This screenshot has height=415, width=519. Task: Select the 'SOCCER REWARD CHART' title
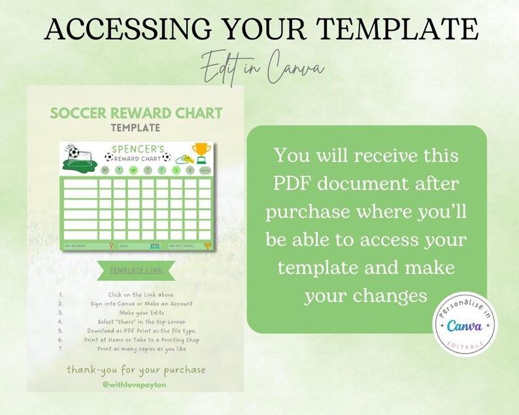pyautogui.click(x=136, y=112)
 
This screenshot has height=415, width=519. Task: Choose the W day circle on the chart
pyautogui.click(x=133, y=171)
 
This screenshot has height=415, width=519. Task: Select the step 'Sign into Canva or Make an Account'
pyautogui.click(x=141, y=303)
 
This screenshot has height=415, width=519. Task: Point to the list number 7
pyautogui.click(x=60, y=348)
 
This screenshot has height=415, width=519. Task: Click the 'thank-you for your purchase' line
pyautogui.click(x=136, y=370)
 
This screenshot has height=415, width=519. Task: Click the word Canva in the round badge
pyautogui.click(x=465, y=324)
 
